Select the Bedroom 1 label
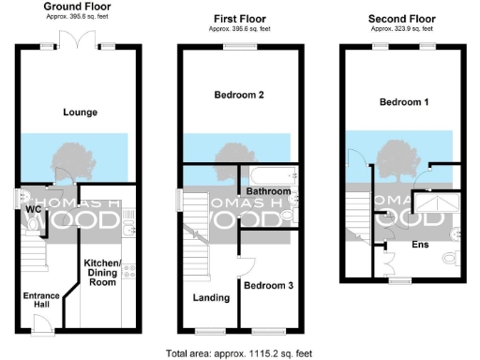pos(404,101)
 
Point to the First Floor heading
pos(241,17)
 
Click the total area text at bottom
pos(239,353)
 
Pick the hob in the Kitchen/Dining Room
pos(128,272)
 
